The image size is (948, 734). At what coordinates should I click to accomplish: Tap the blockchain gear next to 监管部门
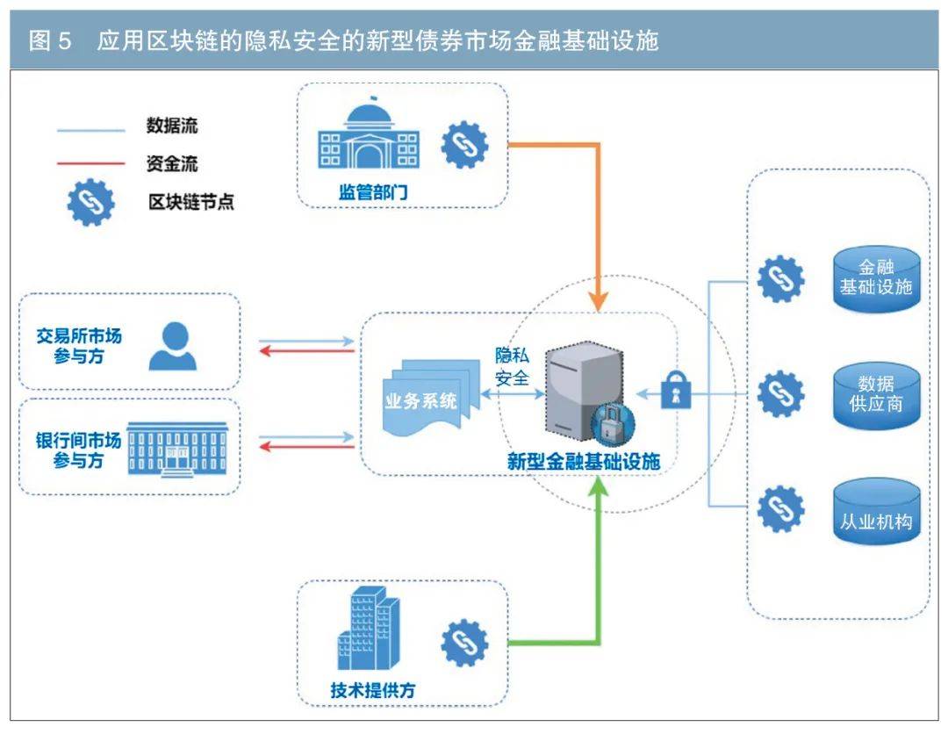[x=464, y=145]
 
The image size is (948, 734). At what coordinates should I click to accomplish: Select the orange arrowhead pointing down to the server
[x=598, y=299]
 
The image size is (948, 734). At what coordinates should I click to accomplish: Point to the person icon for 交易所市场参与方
[x=173, y=346]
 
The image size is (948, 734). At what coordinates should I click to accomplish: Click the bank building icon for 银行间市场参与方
[x=177, y=449]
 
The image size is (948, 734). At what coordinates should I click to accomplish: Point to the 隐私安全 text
[x=513, y=366]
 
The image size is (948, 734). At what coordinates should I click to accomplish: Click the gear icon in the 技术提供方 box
[x=464, y=644]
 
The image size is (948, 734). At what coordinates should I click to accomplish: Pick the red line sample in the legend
[x=90, y=163]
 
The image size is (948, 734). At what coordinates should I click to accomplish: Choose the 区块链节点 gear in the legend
[x=90, y=202]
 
